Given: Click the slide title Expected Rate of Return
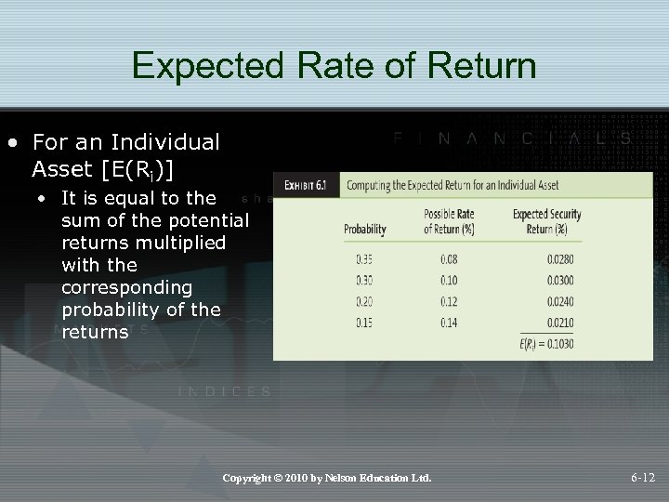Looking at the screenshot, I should [x=334, y=66].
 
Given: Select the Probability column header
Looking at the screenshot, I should [x=365, y=229].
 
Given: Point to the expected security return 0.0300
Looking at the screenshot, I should [x=547, y=279].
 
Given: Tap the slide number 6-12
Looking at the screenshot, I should [x=642, y=478].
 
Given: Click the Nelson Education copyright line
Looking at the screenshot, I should [x=327, y=478].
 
